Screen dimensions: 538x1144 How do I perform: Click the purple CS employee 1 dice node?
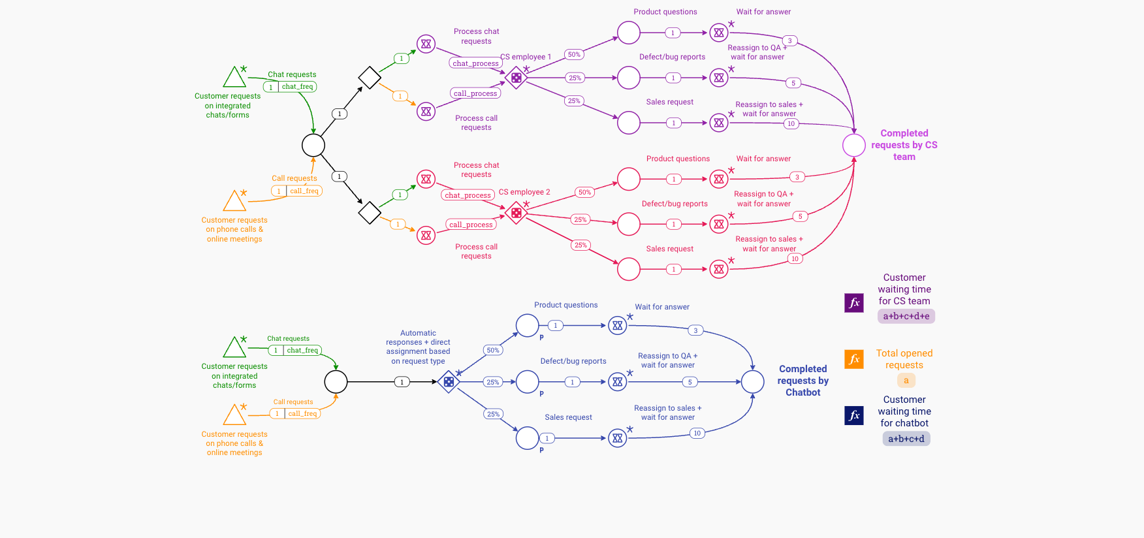click(x=516, y=78)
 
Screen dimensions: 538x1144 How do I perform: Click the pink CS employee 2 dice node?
click(x=516, y=213)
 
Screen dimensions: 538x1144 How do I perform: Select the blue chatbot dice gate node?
click(x=449, y=382)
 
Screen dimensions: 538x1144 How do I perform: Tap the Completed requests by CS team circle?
click(x=853, y=145)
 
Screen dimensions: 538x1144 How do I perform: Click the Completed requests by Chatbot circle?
click(x=752, y=382)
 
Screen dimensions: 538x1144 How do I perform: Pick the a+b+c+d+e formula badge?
click(x=906, y=316)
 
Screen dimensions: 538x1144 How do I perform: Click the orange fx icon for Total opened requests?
click(x=854, y=359)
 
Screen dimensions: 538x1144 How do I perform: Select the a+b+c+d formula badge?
click(x=906, y=439)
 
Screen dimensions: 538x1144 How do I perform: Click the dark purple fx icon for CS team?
click(x=854, y=303)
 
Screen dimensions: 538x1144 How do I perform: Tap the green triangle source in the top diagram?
click(x=234, y=78)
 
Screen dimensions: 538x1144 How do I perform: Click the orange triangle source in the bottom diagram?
click(x=234, y=415)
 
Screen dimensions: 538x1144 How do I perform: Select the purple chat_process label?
click(x=475, y=63)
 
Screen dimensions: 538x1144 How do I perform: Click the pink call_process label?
click(x=471, y=225)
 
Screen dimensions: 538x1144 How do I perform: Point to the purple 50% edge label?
click(x=574, y=55)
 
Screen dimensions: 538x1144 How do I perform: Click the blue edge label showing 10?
click(x=697, y=433)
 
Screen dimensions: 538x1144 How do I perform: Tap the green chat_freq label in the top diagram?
click(x=297, y=87)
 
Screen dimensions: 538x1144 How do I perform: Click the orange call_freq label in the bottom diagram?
click(x=302, y=413)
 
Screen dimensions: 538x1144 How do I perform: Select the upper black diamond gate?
click(x=370, y=78)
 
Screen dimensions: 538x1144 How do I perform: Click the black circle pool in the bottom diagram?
click(x=336, y=382)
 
